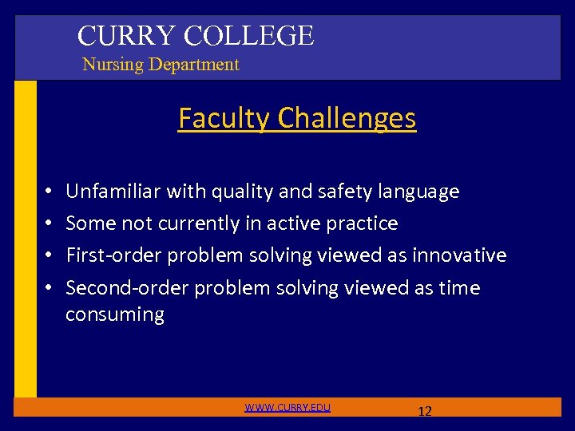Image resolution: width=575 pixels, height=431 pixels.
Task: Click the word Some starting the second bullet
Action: click(89, 223)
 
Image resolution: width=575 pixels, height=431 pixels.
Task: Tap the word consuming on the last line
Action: click(114, 314)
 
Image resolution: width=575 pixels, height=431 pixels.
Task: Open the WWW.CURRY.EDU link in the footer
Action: click(287, 408)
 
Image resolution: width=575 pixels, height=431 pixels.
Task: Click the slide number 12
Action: click(425, 412)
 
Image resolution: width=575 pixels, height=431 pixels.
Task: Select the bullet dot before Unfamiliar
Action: click(49, 192)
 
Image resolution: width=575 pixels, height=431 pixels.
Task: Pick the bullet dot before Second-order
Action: click(49, 288)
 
